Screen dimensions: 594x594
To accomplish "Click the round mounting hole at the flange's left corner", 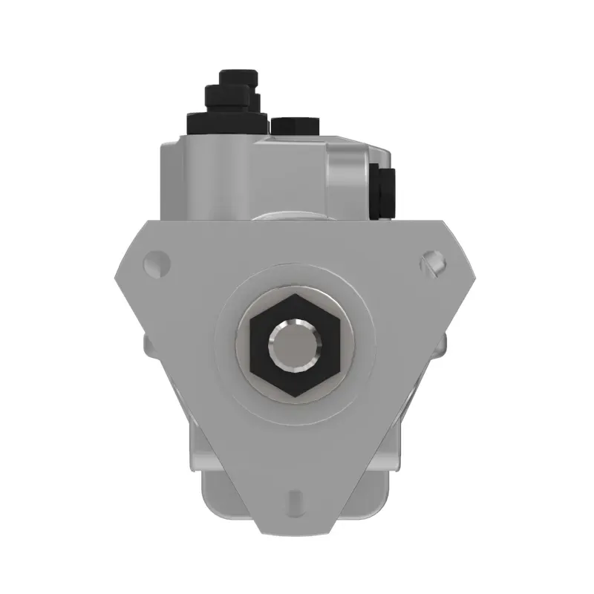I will [155, 261].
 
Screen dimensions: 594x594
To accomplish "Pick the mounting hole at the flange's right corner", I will [433, 261].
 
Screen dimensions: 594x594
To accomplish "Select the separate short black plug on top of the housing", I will [296, 126].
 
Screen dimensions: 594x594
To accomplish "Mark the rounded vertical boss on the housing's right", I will [347, 182].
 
